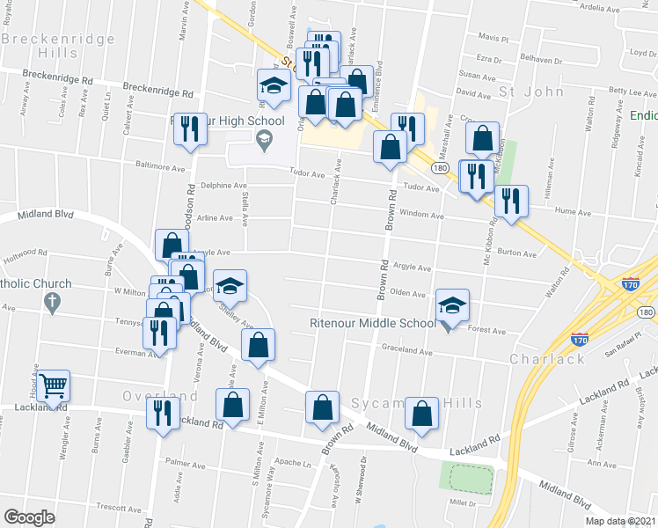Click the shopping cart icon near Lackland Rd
[54, 386]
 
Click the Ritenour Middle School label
[372, 323]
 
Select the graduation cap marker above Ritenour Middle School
[453, 305]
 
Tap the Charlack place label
[548, 359]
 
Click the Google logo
[29, 517]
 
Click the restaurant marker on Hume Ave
[510, 202]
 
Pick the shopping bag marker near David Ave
[482, 138]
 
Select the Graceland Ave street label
[407, 350]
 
